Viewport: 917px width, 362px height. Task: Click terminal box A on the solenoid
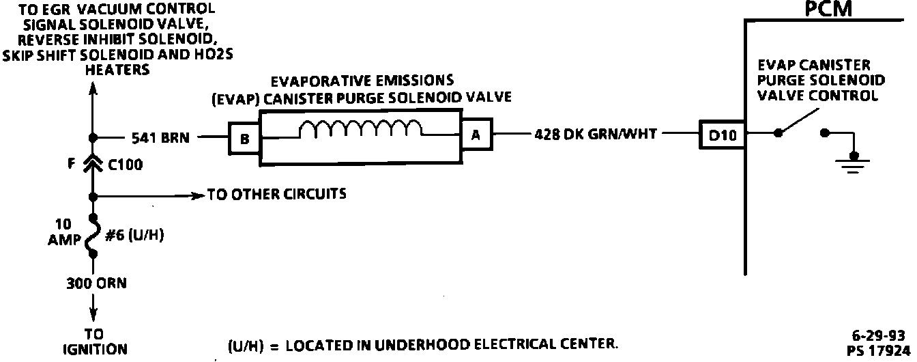476,135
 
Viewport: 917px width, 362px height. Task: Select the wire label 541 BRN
160,137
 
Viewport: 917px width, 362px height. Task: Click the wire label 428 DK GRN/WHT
596,135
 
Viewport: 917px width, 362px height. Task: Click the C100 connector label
125,165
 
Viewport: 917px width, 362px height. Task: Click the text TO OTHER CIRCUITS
276,195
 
